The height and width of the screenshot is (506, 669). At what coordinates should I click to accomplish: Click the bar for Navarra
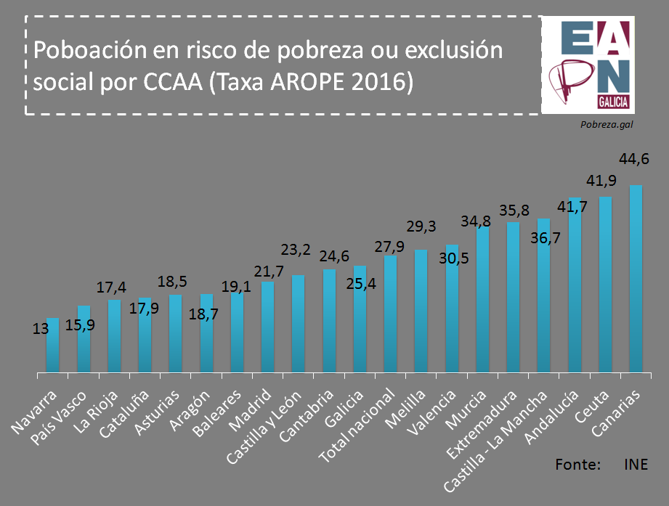(52, 346)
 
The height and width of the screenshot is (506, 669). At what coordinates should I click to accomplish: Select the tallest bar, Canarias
(636, 279)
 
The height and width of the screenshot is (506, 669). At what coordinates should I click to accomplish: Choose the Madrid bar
(267, 327)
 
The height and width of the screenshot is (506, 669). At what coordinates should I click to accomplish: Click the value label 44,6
(633, 159)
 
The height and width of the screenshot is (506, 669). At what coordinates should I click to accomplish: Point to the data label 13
(41, 329)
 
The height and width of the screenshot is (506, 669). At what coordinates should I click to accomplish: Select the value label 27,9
(389, 246)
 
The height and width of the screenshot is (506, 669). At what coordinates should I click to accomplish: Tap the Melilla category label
(410, 405)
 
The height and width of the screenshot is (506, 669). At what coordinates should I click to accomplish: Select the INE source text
(635, 464)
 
